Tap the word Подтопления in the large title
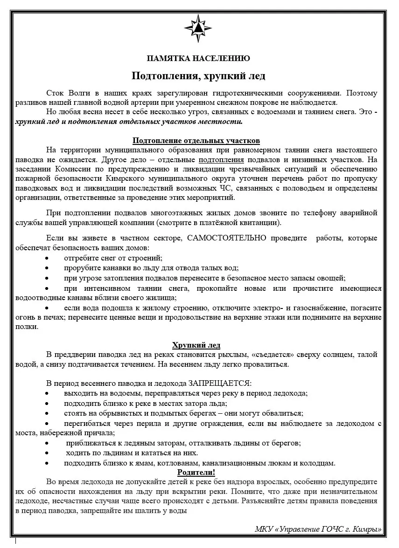click(x=161, y=75)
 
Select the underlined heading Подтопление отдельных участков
click(x=196, y=141)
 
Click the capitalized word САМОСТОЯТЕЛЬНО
click(x=227, y=238)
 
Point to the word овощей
click(x=331, y=278)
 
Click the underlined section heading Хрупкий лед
click(x=196, y=345)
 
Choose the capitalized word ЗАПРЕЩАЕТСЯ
click(x=220, y=384)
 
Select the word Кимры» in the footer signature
click(x=367, y=529)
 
